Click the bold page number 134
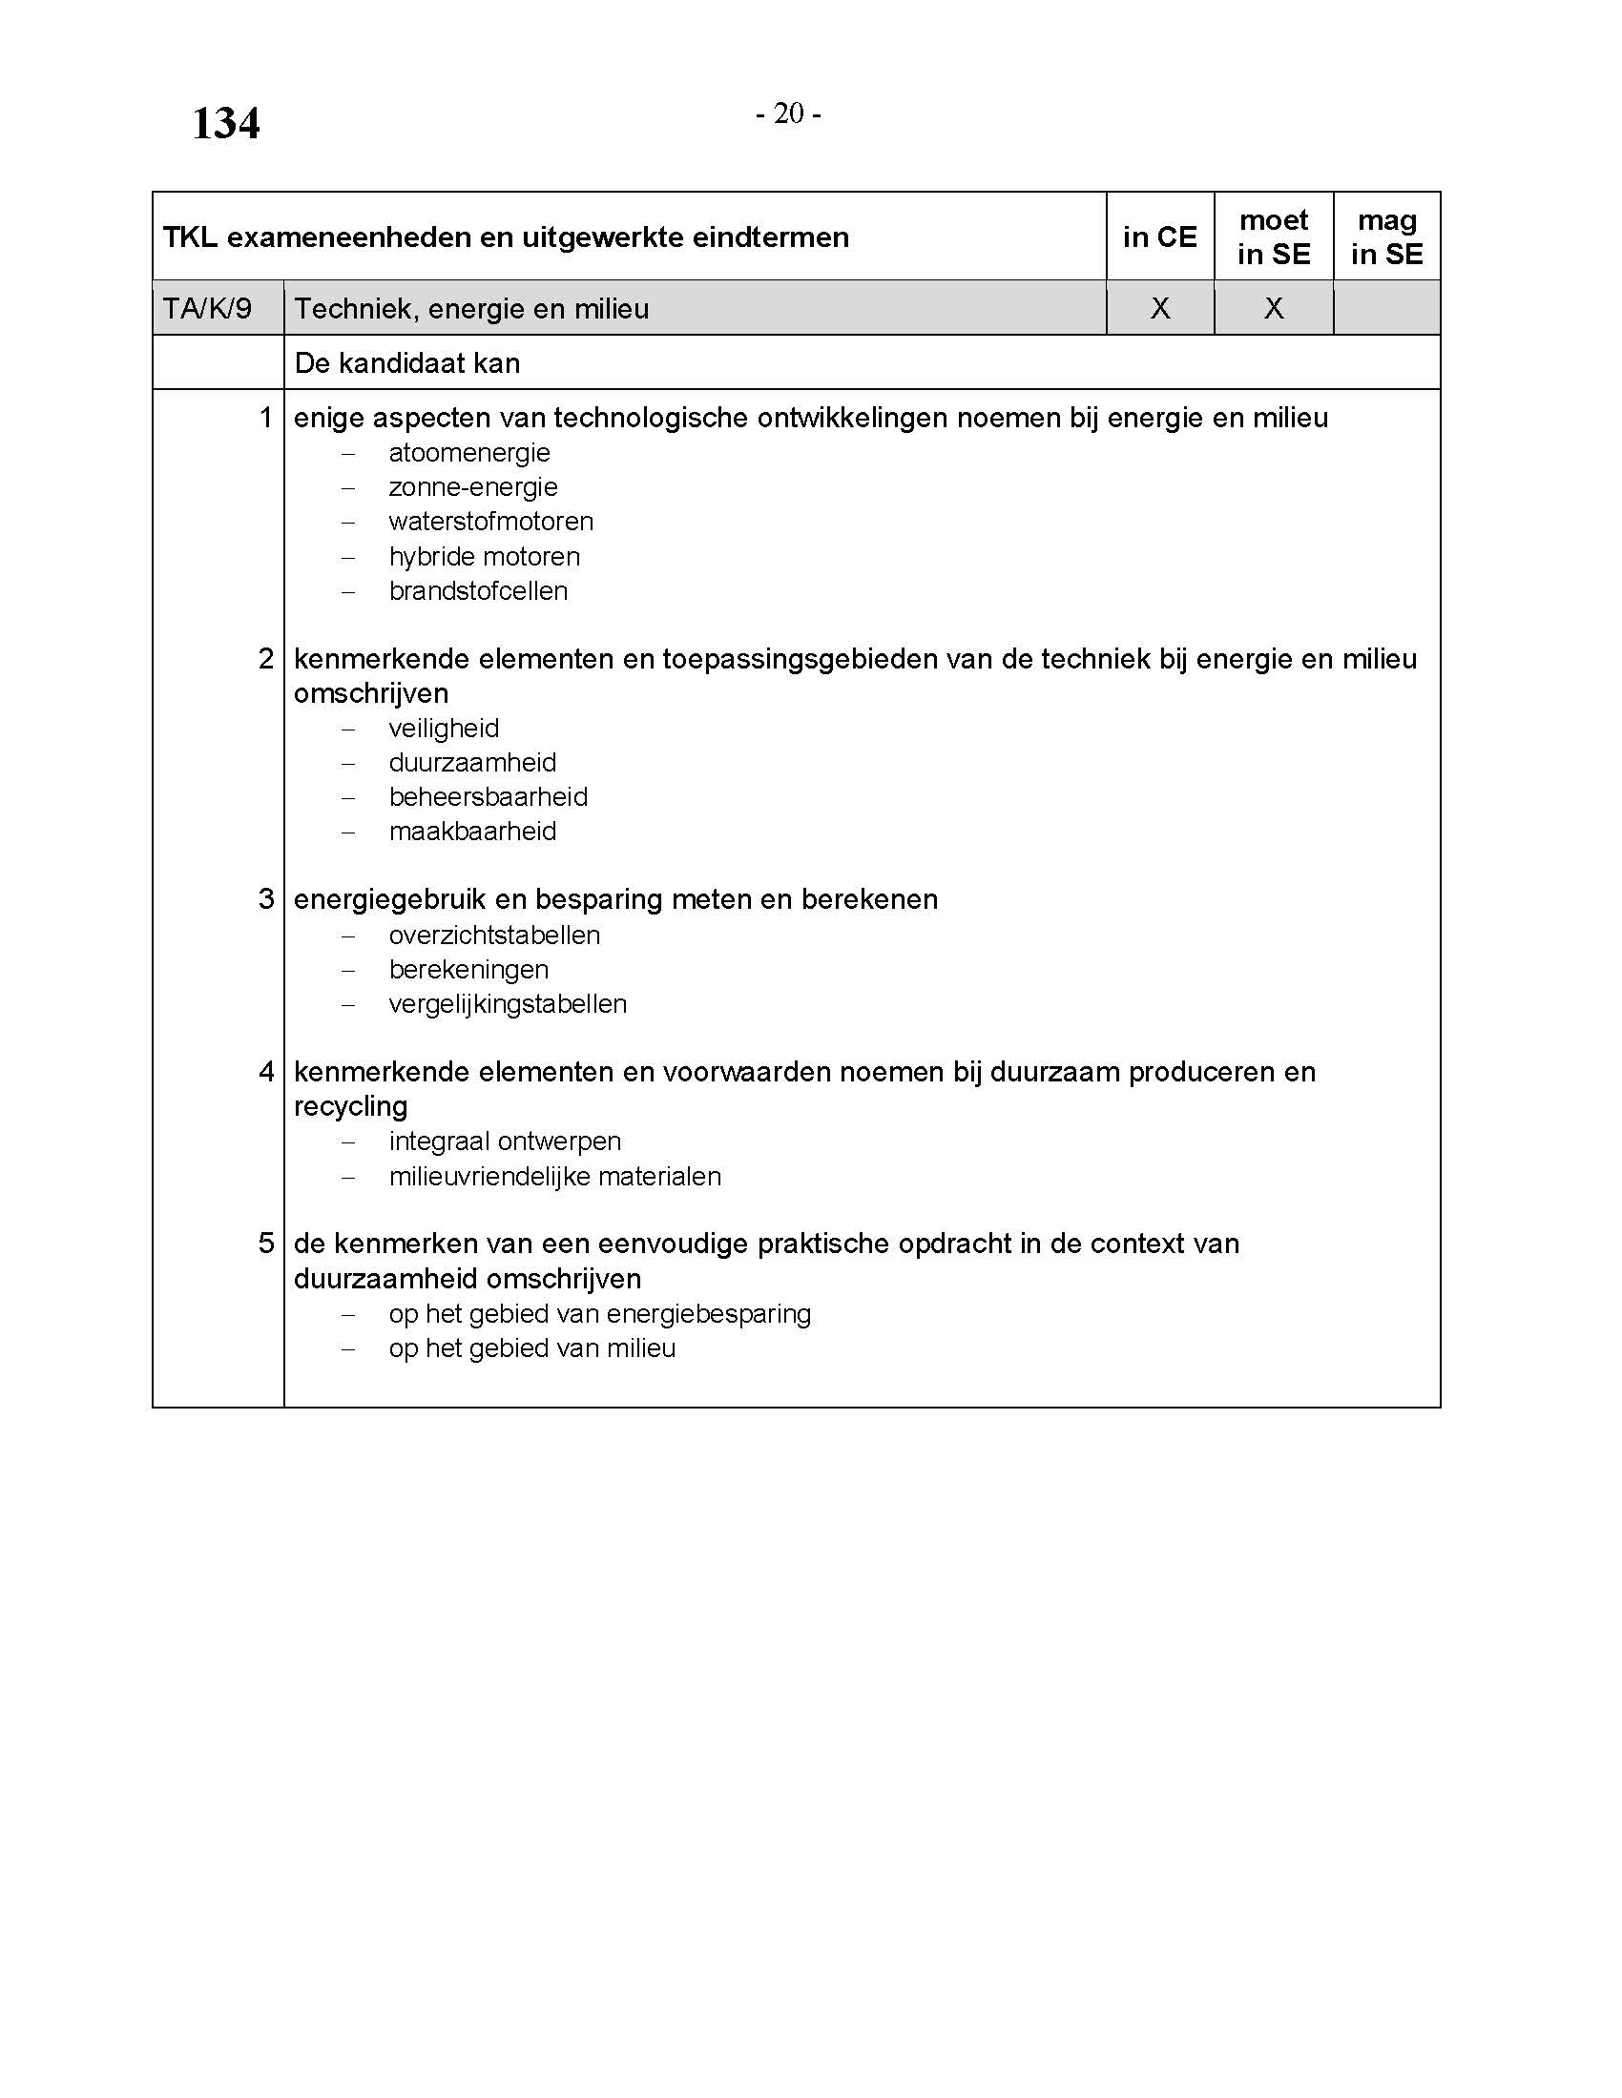pos(226,123)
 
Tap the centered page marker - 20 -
pos(788,113)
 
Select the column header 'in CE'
pos(1160,237)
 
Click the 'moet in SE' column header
pos(1273,237)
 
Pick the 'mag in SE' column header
pos(1386,237)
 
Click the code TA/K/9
pos(208,308)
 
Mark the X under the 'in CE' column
pos(1160,308)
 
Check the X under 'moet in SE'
pos(1273,308)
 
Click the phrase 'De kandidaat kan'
pos(407,363)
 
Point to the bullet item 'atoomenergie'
pos(468,452)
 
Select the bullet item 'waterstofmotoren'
pos(491,522)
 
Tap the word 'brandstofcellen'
pos(478,591)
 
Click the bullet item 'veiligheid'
pos(444,729)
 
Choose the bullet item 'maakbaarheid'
pos(472,831)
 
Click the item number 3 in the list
pos(266,899)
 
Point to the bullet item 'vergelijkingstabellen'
pos(508,1004)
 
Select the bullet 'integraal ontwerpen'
pos(505,1142)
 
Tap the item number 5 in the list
pos(266,1244)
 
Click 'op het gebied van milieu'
pos(532,1348)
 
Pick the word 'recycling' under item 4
pos(351,1106)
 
